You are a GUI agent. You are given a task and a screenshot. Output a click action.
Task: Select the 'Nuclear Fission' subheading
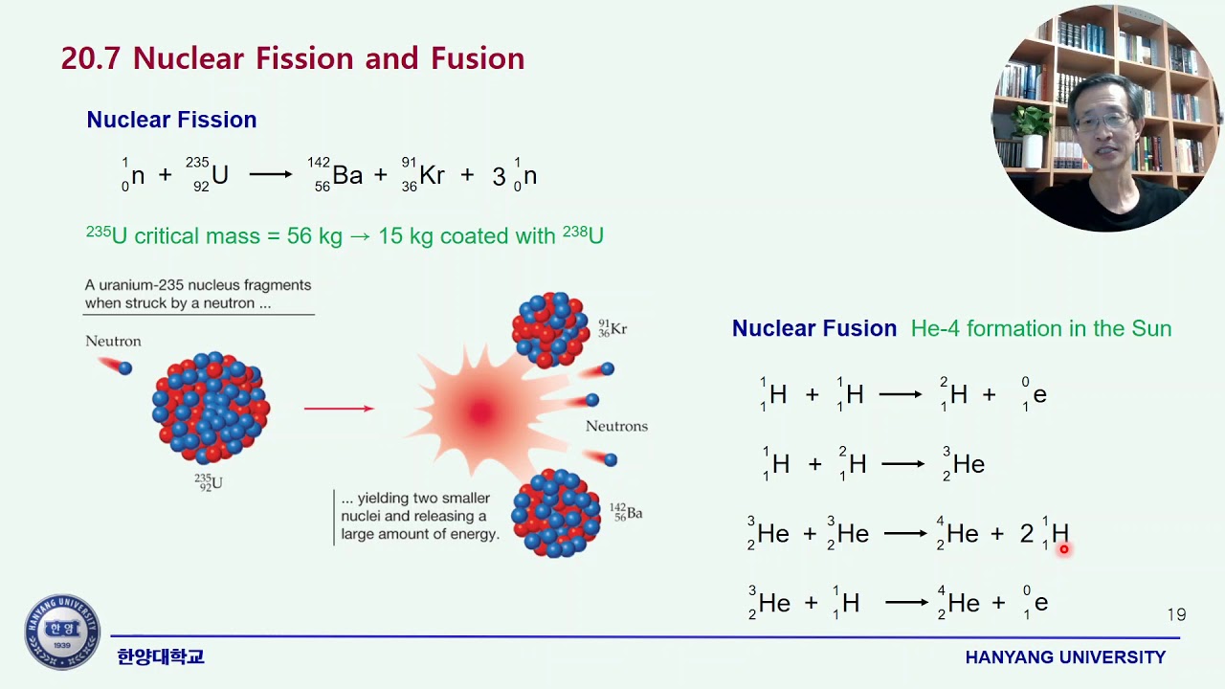171,120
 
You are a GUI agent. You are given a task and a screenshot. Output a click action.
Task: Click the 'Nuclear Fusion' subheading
813,328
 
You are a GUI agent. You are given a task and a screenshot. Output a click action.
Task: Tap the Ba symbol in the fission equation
347,175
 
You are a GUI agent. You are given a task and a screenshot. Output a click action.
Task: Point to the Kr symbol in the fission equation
433,175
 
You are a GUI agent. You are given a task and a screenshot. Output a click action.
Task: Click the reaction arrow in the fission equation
271,175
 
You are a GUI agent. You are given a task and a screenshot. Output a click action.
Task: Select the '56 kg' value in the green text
314,235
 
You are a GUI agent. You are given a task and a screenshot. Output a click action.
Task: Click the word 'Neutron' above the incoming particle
113,342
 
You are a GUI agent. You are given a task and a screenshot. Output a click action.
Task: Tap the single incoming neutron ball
124,368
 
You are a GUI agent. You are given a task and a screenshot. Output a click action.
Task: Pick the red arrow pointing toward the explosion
339,409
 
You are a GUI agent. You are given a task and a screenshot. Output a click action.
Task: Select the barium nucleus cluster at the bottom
556,513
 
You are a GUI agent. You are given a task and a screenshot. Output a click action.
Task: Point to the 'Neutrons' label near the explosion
616,426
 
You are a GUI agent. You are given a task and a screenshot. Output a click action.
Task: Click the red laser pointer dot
1063,549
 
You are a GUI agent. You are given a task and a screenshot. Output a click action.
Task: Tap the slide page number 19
1176,615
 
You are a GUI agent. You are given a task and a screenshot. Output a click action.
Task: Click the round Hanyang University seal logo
62,633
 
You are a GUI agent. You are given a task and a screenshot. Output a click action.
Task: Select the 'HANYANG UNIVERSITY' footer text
1065,657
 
